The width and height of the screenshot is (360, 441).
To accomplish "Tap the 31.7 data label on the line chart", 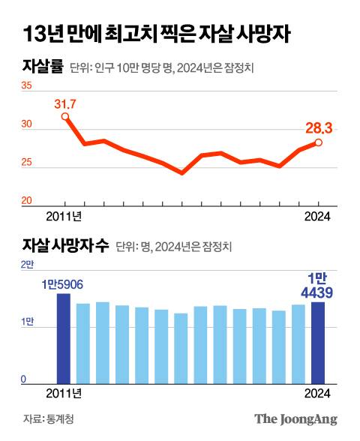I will pos(65,103).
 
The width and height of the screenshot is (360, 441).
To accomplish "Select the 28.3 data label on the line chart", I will pos(319,128).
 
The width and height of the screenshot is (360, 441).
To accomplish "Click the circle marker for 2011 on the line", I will pos(65,116).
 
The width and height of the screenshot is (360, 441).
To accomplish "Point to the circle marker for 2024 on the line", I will pos(319,142).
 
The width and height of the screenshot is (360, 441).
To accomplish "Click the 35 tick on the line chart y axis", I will pos(26,86).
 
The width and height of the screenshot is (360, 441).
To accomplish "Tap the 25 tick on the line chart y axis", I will pos(26,163).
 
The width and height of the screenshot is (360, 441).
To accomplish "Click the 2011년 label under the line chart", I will pos(64,217).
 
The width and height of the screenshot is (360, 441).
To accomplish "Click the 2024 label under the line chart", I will pos(319,217).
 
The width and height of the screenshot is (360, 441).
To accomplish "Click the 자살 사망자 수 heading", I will pos(66,245).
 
